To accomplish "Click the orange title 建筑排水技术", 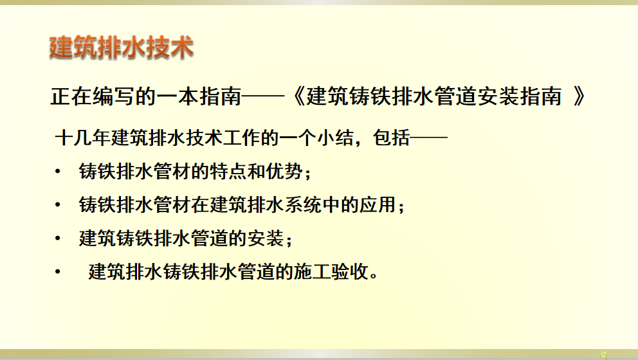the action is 122,48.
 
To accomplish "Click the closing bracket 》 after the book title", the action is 579,97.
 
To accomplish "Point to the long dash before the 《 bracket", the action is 263,97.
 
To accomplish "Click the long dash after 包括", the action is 429,138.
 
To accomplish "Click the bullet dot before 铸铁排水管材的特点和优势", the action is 58,172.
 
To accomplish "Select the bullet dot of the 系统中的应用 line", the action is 58,204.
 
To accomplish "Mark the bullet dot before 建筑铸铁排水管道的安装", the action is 58,239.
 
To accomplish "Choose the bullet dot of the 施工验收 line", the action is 58,272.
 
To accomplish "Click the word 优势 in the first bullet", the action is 284,171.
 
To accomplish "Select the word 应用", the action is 378,204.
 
